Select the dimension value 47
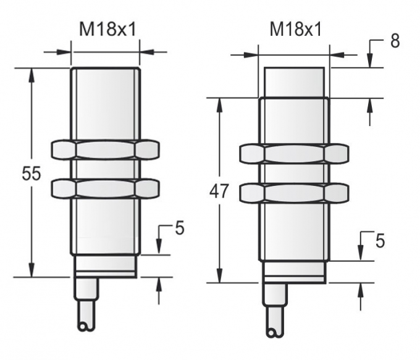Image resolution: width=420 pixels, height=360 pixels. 218,191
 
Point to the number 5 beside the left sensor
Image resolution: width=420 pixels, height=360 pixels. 179,228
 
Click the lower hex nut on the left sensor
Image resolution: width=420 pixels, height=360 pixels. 104,188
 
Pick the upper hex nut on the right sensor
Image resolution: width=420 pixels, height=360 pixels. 294,155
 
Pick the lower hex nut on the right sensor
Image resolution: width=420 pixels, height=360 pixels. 294,193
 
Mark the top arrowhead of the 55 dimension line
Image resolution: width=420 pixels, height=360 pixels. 31,73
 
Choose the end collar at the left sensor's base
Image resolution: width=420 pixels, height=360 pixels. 104,266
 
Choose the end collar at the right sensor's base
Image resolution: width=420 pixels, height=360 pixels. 294,272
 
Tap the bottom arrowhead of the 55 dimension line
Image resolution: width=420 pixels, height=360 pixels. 31,272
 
